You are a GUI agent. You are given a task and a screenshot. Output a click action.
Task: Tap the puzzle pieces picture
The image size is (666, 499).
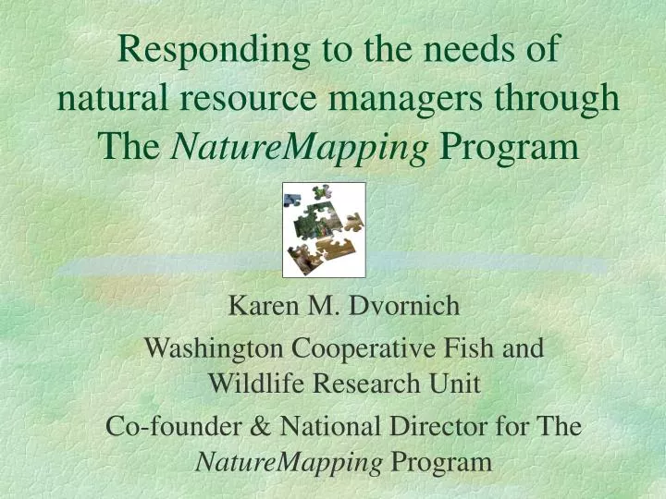(324, 230)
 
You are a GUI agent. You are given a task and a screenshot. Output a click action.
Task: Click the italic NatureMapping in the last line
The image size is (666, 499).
(290, 461)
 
